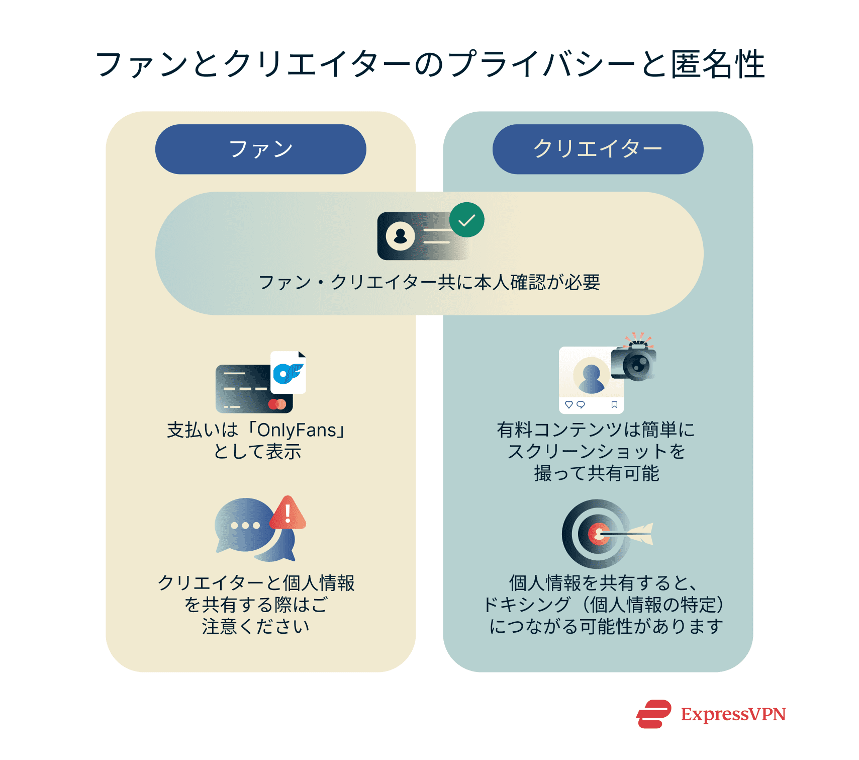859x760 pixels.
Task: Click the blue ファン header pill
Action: [x=260, y=149]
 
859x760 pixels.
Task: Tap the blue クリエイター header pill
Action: [x=598, y=149]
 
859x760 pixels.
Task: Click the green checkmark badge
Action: [x=466, y=220]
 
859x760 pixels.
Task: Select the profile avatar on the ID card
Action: [x=401, y=235]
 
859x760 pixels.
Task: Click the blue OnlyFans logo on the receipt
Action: [x=288, y=373]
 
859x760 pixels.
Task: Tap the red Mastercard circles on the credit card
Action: [x=277, y=404]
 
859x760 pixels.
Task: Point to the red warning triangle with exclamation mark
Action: [x=288, y=514]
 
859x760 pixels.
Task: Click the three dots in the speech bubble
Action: [x=245, y=526]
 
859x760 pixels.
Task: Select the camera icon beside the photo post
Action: [x=634, y=362]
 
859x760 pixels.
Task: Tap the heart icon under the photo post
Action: [x=568, y=404]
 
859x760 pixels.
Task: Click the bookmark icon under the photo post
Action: [x=614, y=404]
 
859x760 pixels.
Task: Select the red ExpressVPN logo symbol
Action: [x=653, y=714]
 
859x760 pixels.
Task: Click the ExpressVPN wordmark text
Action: [x=733, y=714]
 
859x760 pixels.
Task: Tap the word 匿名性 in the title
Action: [x=718, y=64]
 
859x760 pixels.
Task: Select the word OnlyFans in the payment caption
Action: [x=297, y=430]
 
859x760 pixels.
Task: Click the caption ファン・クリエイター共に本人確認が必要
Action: [x=429, y=282]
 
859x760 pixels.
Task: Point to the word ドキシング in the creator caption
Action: [x=527, y=605]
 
